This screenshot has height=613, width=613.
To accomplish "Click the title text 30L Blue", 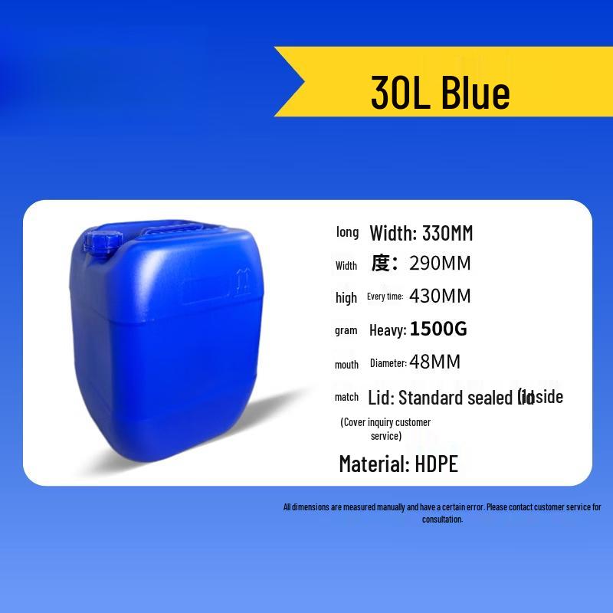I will pyautogui.click(x=440, y=93).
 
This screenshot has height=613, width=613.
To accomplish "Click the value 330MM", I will pyautogui.click(x=447, y=233).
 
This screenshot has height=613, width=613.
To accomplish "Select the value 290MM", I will pyautogui.click(x=440, y=264).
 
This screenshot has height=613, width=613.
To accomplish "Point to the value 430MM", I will pyautogui.click(x=440, y=297).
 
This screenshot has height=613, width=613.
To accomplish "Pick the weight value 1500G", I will pyautogui.click(x=438, y=329).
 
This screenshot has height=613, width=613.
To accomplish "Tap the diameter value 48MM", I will pyautogui.click(x=435, y=362).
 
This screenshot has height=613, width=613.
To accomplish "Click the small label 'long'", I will pyautogui.click(x=347, y=232).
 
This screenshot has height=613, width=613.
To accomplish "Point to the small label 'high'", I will pyautogui.click(x=346, y=297).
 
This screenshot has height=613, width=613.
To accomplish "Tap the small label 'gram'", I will pyautogui.click(x=346, y=330).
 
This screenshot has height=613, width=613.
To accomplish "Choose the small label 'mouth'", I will pyautogui.click(x=346, y=365).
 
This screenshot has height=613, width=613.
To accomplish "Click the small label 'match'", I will pyautogui.click(x=346, y=397).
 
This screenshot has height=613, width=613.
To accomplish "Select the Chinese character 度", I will pyautogui.click(x=382, y=264).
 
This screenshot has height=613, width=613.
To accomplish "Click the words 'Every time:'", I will pyautogui.click(x=385, y=297).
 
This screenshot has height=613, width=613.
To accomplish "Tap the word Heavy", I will pyautogui.click(x=387, y=330).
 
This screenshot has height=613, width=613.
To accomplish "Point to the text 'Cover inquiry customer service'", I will pyautogui.click(x=385, y=429).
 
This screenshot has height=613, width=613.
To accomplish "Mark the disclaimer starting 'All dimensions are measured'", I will pyautogui.click(x=442, y=513).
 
